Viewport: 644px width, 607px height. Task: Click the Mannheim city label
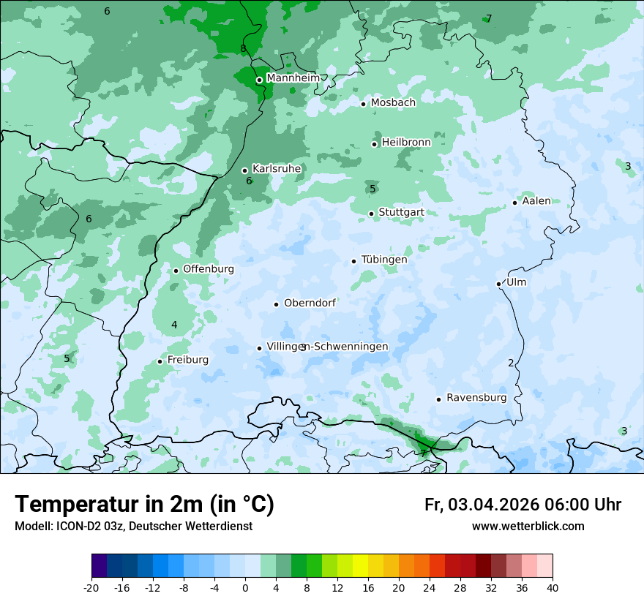coord(293,78)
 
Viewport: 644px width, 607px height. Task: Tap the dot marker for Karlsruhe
coord(244,170)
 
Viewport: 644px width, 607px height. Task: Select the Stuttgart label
coord(401,213)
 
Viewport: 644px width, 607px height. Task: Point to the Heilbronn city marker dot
coord(374,144)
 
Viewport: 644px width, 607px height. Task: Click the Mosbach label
coord(393,103)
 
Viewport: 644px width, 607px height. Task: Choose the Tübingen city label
coord(384,260)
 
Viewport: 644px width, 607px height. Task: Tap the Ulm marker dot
coord(498,284)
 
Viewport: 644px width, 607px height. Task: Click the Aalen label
coord(536,201)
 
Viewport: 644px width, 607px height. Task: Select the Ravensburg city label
coord(476,398)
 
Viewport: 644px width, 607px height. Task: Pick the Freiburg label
coord(188,360)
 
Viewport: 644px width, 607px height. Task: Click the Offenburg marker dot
coord(176,271)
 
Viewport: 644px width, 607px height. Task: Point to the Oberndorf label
coord(310,303)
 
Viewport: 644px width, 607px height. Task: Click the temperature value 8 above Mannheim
coord(243,49)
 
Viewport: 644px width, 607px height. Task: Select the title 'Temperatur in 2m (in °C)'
coord(144,504)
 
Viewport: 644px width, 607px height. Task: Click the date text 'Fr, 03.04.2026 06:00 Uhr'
coord(523,505)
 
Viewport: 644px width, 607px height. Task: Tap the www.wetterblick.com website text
coord(528,526)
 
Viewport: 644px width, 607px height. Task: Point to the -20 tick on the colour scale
coord(91,587)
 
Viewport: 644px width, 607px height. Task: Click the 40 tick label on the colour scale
coord(553,587)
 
